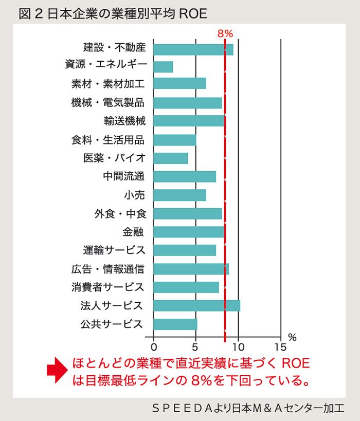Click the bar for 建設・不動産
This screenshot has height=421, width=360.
click(x=193, y=49)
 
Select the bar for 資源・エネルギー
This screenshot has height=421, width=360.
click(x=163, y=67)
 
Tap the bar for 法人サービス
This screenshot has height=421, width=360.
click(x=196, y=305)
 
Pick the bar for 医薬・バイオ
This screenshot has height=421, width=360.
click(x=171, y=158)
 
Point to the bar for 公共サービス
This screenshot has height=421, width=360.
click(x=175, y=324)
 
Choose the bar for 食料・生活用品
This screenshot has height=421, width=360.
click(x=175, y=140)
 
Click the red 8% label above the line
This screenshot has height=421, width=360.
click(x=225, y=34)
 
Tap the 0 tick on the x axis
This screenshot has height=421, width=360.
click(x=153, y=346)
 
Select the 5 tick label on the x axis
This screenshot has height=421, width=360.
click(x=195, y=346)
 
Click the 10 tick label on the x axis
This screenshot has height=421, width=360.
click(x=238, y=346)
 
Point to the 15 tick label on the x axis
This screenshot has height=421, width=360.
click(x=280, y=346)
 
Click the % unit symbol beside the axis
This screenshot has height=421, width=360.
click(x=293, y=338)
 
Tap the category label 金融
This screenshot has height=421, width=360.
click(x=133, y=232)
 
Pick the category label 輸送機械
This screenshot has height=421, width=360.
click(x=124, y=121)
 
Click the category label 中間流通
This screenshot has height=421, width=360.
click(x=123, y=177)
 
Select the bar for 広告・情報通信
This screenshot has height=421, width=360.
click(x=191, y=269)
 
